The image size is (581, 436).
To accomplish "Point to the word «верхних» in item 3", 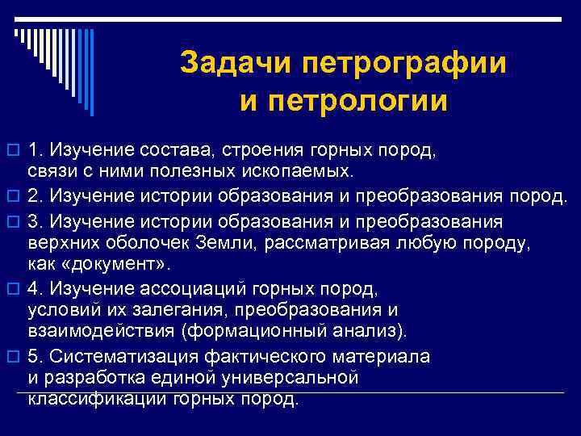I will coord(62,244).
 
